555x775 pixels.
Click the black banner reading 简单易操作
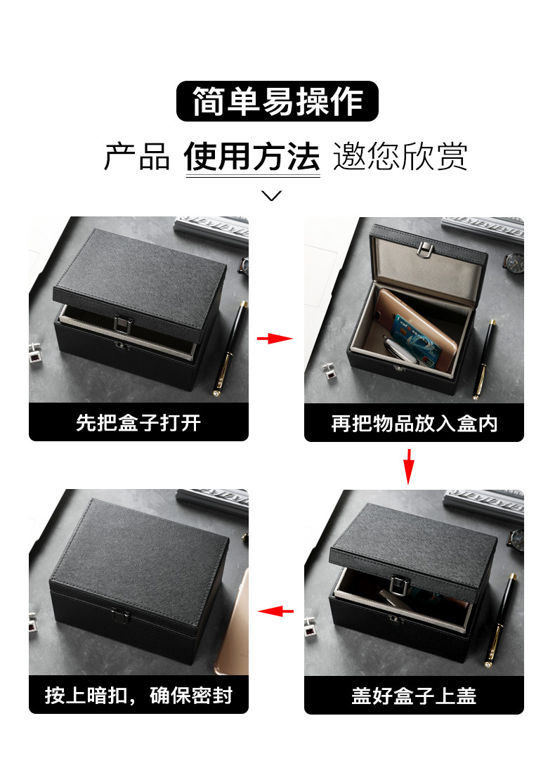pyautogui.click(x=277, y=101)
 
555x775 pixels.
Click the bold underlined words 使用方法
pyautogui.click(x=252, y=156)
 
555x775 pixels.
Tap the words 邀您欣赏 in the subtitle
pyautogui.click(x=400, y=156)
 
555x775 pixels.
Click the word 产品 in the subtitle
pyautogui.click(x=137, y=156)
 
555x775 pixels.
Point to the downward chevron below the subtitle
pyautogui.click(x=272, y=195)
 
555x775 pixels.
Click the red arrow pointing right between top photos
pyautogui.click(x=275, y=339)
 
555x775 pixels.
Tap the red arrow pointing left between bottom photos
pyautogui.click(x=275, y=611)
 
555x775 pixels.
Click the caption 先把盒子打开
pyautogui.click(x=138, y=423)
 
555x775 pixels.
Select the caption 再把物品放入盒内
pyautogui.click(x=414, y=423)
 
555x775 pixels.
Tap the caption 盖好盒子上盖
pyautogui.click(x=414, y=696)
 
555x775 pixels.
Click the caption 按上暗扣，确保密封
pyautogui.click(x=138, y=696)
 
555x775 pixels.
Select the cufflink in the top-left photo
pyautogui.click(x=36, y=351)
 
